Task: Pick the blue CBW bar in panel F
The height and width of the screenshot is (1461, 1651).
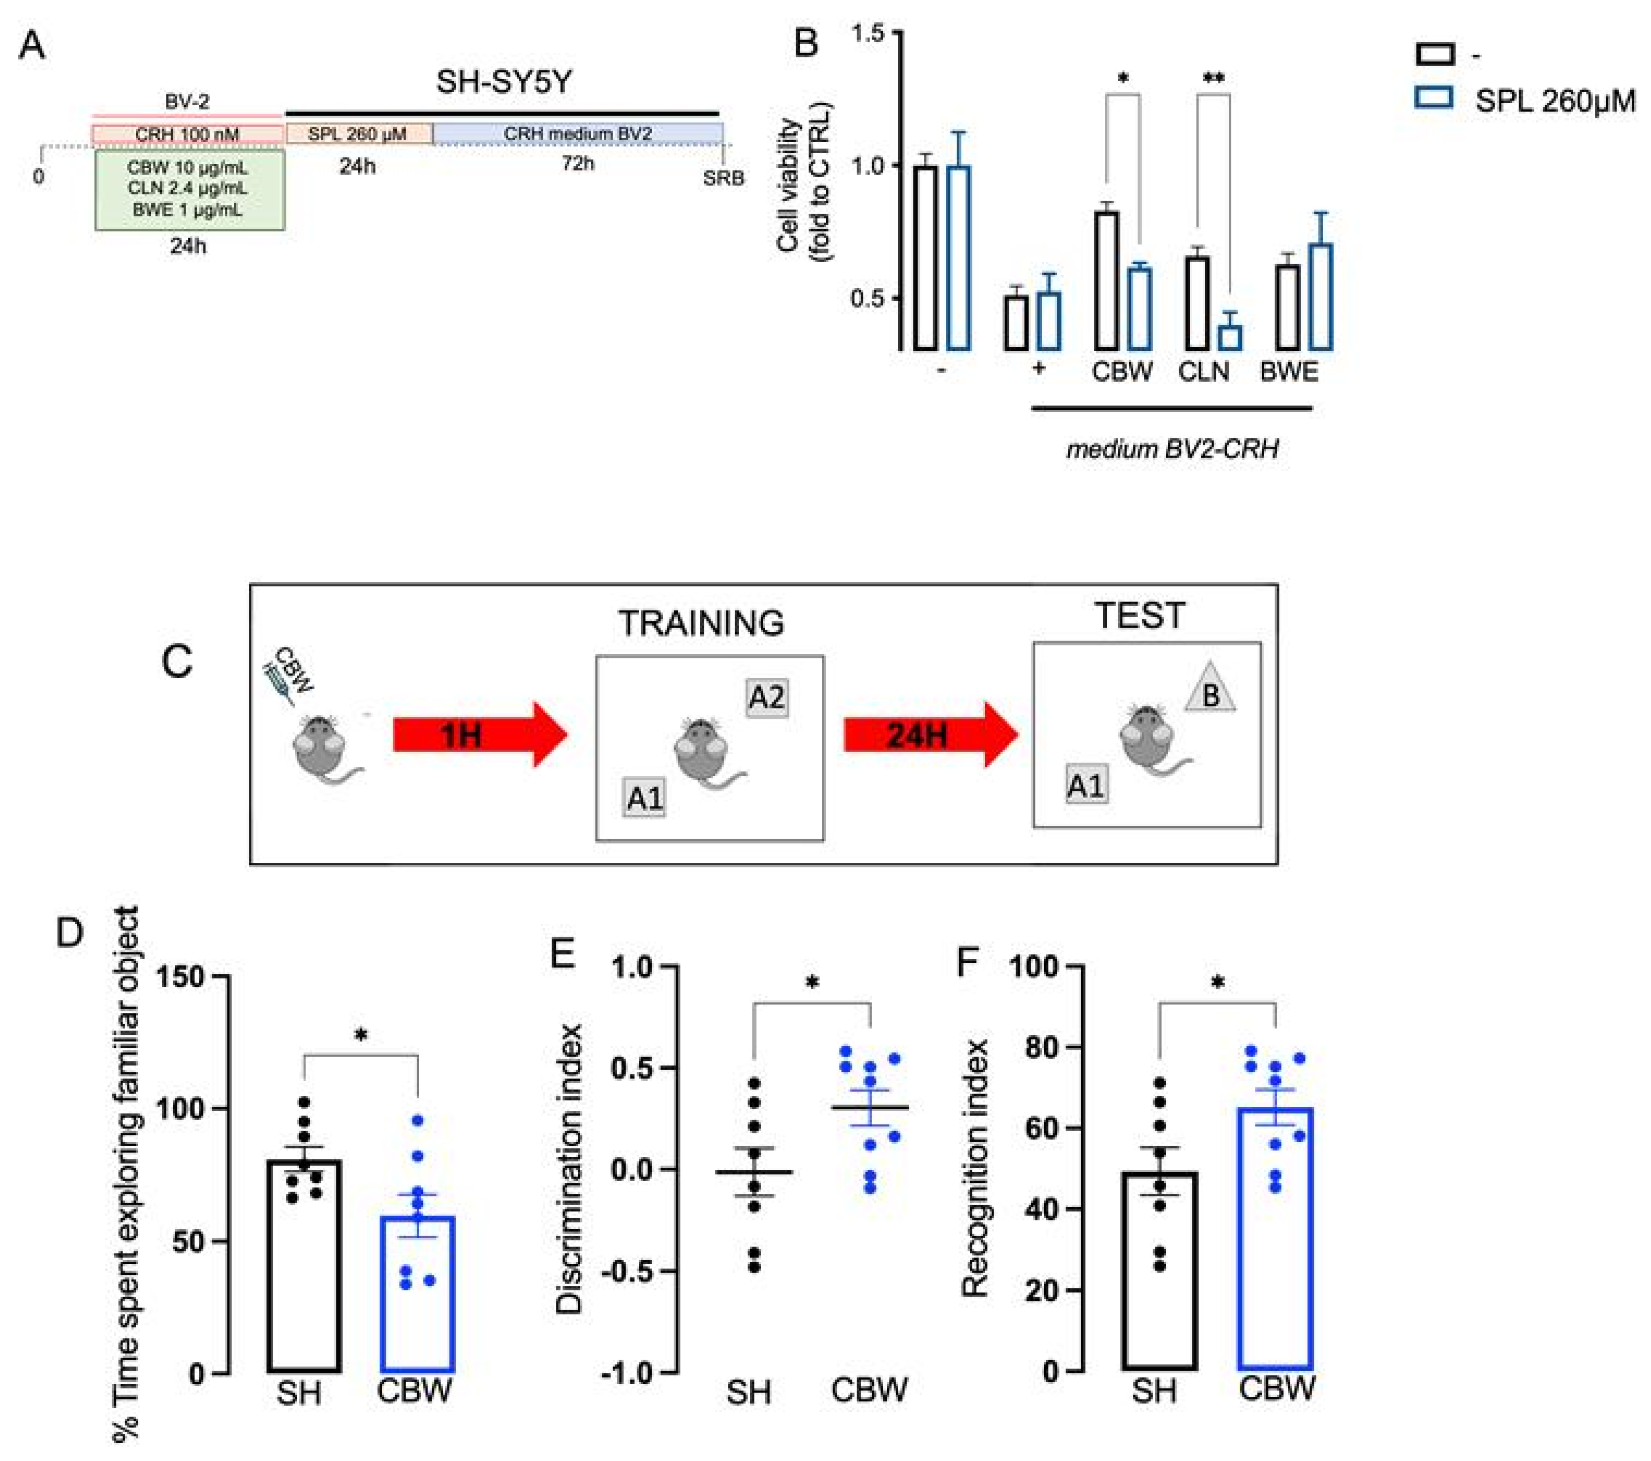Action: tap(1276, 1239)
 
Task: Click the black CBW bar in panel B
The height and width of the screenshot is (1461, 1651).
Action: tap(1106, 280)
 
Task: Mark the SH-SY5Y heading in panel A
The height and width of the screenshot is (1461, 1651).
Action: tap(504, 82)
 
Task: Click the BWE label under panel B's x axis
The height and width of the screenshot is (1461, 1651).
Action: tap(1289, 371)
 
